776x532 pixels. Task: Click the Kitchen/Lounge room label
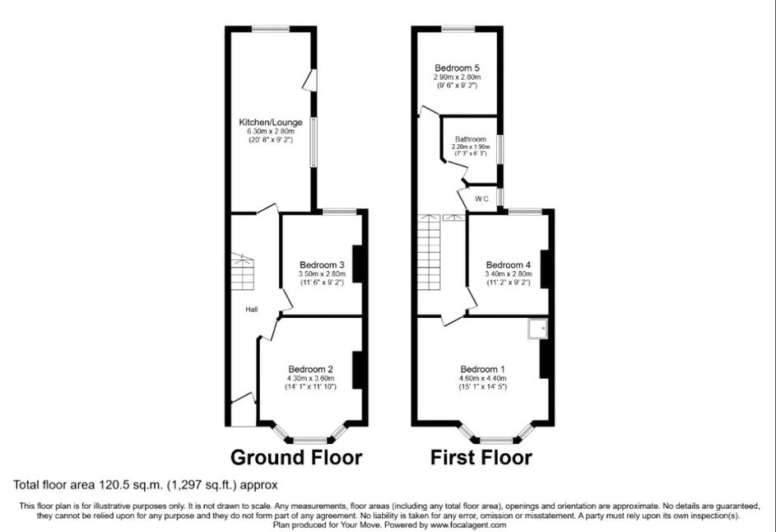271,123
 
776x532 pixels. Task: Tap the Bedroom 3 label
322,265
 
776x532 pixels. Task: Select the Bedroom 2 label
310,369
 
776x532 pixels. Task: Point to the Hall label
252,310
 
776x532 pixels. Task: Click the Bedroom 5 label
458,68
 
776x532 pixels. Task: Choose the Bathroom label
471,139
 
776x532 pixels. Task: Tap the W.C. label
482,199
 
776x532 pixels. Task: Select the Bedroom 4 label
509,265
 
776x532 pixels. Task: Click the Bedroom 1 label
482,369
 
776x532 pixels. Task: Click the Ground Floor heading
296,457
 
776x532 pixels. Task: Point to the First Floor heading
481,457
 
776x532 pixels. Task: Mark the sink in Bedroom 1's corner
537,329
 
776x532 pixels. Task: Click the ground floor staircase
242,272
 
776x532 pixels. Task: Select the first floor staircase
429,253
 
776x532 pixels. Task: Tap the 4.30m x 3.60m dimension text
311,379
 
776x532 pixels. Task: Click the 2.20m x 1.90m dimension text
471,147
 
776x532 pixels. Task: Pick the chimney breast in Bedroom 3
357,264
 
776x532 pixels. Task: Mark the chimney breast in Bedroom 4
545,269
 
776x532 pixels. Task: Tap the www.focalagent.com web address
468,525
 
